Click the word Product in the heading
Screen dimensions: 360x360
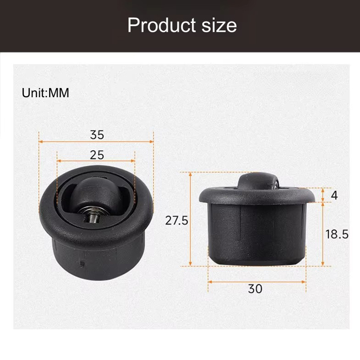[x=162, y=25]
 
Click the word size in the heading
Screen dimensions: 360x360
[x=219, y=25]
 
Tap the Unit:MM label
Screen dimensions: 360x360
[x=45, y=93]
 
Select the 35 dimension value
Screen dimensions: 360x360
[x=97, y=135]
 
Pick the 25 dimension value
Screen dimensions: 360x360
[x=97, y=155]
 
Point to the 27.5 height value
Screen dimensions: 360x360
[x=176, y=220]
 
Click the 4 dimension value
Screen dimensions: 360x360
[x=334, y=195]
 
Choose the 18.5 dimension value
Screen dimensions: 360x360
[x=337, y=234]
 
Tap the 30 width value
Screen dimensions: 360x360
[x=255, y=288]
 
